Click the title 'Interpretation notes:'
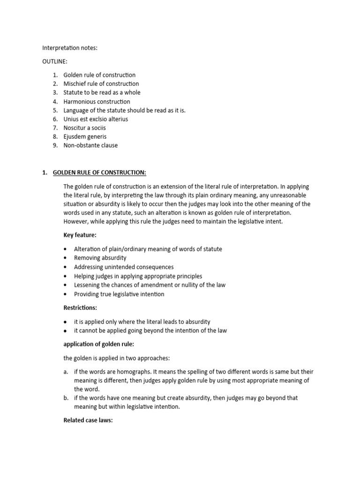click(70, 48)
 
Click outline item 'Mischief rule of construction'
click(101, 84)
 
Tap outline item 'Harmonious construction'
click(97, 101)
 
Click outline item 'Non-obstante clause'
click(91, 145)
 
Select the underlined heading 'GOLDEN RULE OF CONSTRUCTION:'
click(99, 172)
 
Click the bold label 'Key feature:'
click(80, 235)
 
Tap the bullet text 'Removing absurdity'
click(100, 258)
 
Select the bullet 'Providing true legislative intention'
click(119, 294)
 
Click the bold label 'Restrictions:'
click(80, 308)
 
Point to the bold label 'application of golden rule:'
click(98, 345)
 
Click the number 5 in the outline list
click(55, 110)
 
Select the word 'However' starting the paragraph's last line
click(75, 221)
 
